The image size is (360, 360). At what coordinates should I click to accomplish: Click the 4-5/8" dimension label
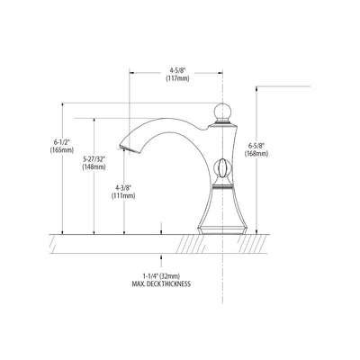tap(178, 71)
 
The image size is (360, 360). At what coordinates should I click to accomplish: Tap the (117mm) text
tap(178, 78)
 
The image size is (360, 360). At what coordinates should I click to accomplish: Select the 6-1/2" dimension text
tap(62, 142)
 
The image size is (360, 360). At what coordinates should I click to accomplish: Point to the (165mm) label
tap(62, 149)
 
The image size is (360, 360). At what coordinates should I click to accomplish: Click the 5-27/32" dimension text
tap(94, 159)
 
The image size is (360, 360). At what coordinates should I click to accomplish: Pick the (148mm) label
tap(94, 166)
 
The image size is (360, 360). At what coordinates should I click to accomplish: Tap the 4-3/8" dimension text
tap(123, 188)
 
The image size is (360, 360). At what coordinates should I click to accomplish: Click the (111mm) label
tap(123, 196)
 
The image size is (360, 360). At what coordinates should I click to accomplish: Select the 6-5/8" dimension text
tap(256, 146)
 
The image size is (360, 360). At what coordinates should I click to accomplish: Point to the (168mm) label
tap(256, 154)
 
